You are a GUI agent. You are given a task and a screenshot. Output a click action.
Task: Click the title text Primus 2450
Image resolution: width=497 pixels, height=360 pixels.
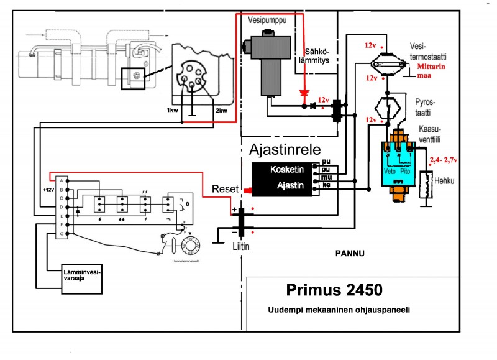tap(334, 290)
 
